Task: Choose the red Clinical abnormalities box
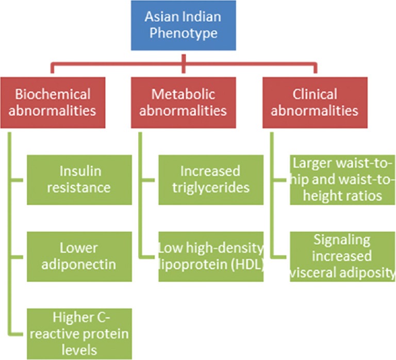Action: pyautogui.click(x=315, y=102)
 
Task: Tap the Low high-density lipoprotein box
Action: pyautogui.click(x=211, y=256)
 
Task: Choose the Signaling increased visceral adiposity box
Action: pyautogui.click(x=342, y=256)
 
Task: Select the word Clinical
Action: pyautogui.click(x=315, y=94)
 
